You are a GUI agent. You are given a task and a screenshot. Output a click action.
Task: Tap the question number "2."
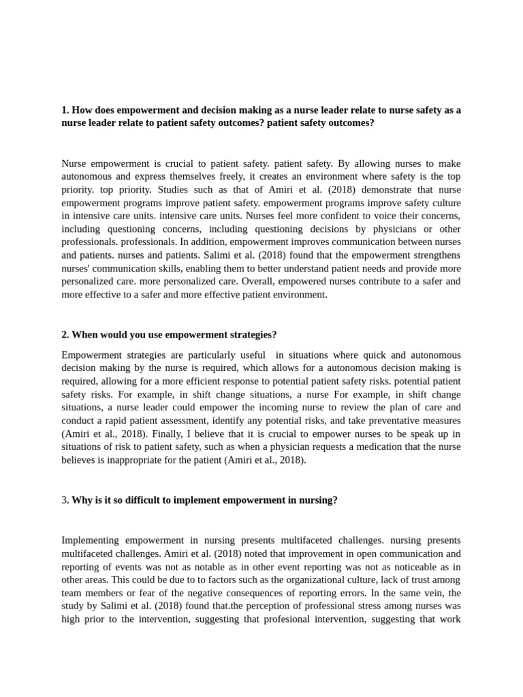click(65, 335)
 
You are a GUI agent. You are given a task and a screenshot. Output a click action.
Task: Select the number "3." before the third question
click(65, 500)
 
